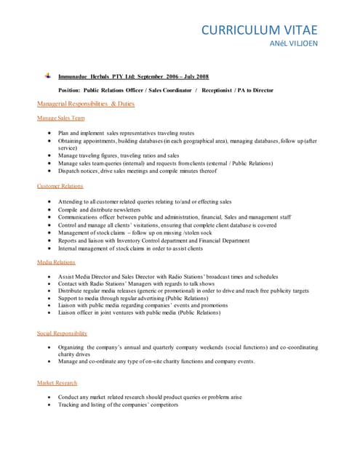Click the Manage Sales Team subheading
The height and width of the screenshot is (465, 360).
61,118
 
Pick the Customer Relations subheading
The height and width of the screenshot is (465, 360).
60,186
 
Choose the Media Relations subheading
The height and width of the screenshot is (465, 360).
56,262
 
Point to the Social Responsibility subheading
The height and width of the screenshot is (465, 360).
63,333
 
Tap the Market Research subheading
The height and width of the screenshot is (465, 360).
57,382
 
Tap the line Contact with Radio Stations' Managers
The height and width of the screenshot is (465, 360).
142,285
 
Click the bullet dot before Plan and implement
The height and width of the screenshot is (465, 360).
48,134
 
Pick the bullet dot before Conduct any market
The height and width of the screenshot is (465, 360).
48,397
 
